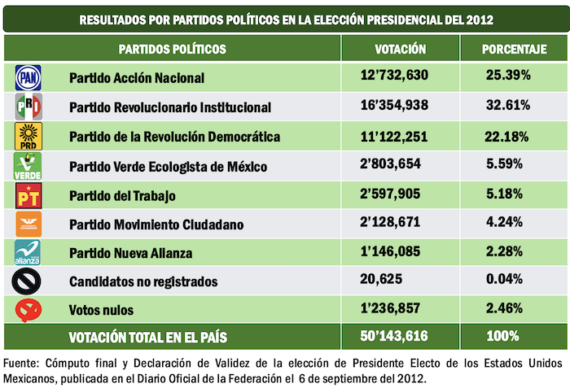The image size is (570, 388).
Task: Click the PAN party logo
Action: point(28,78)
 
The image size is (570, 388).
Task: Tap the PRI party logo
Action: point(28,107)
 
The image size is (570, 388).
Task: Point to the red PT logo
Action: point(28,196)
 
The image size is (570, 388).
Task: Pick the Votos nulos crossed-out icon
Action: point(28,310)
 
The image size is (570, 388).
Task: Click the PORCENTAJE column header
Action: point(513,50)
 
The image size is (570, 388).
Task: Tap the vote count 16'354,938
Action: point(401,107)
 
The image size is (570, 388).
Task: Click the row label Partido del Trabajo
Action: point(123,196)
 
